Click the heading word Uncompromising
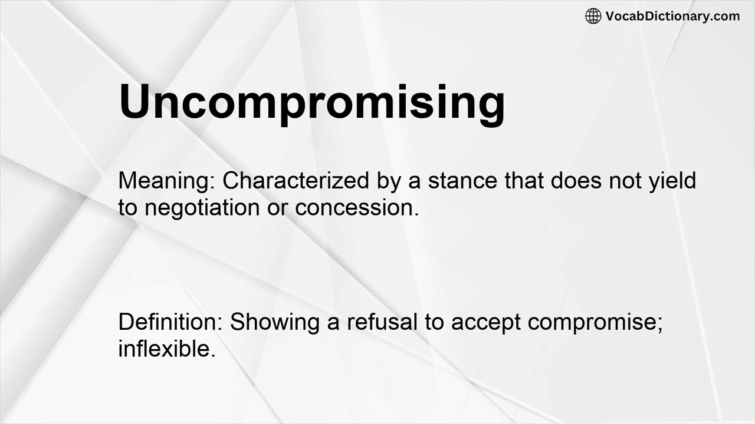(311, 101)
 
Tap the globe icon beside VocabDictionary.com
(593, 16)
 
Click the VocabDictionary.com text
(672, 16)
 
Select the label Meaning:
(168, 181)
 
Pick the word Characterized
(296, 181)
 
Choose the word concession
(357, 207)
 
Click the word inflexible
(166, 349)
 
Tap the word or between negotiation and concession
(278, 207)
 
